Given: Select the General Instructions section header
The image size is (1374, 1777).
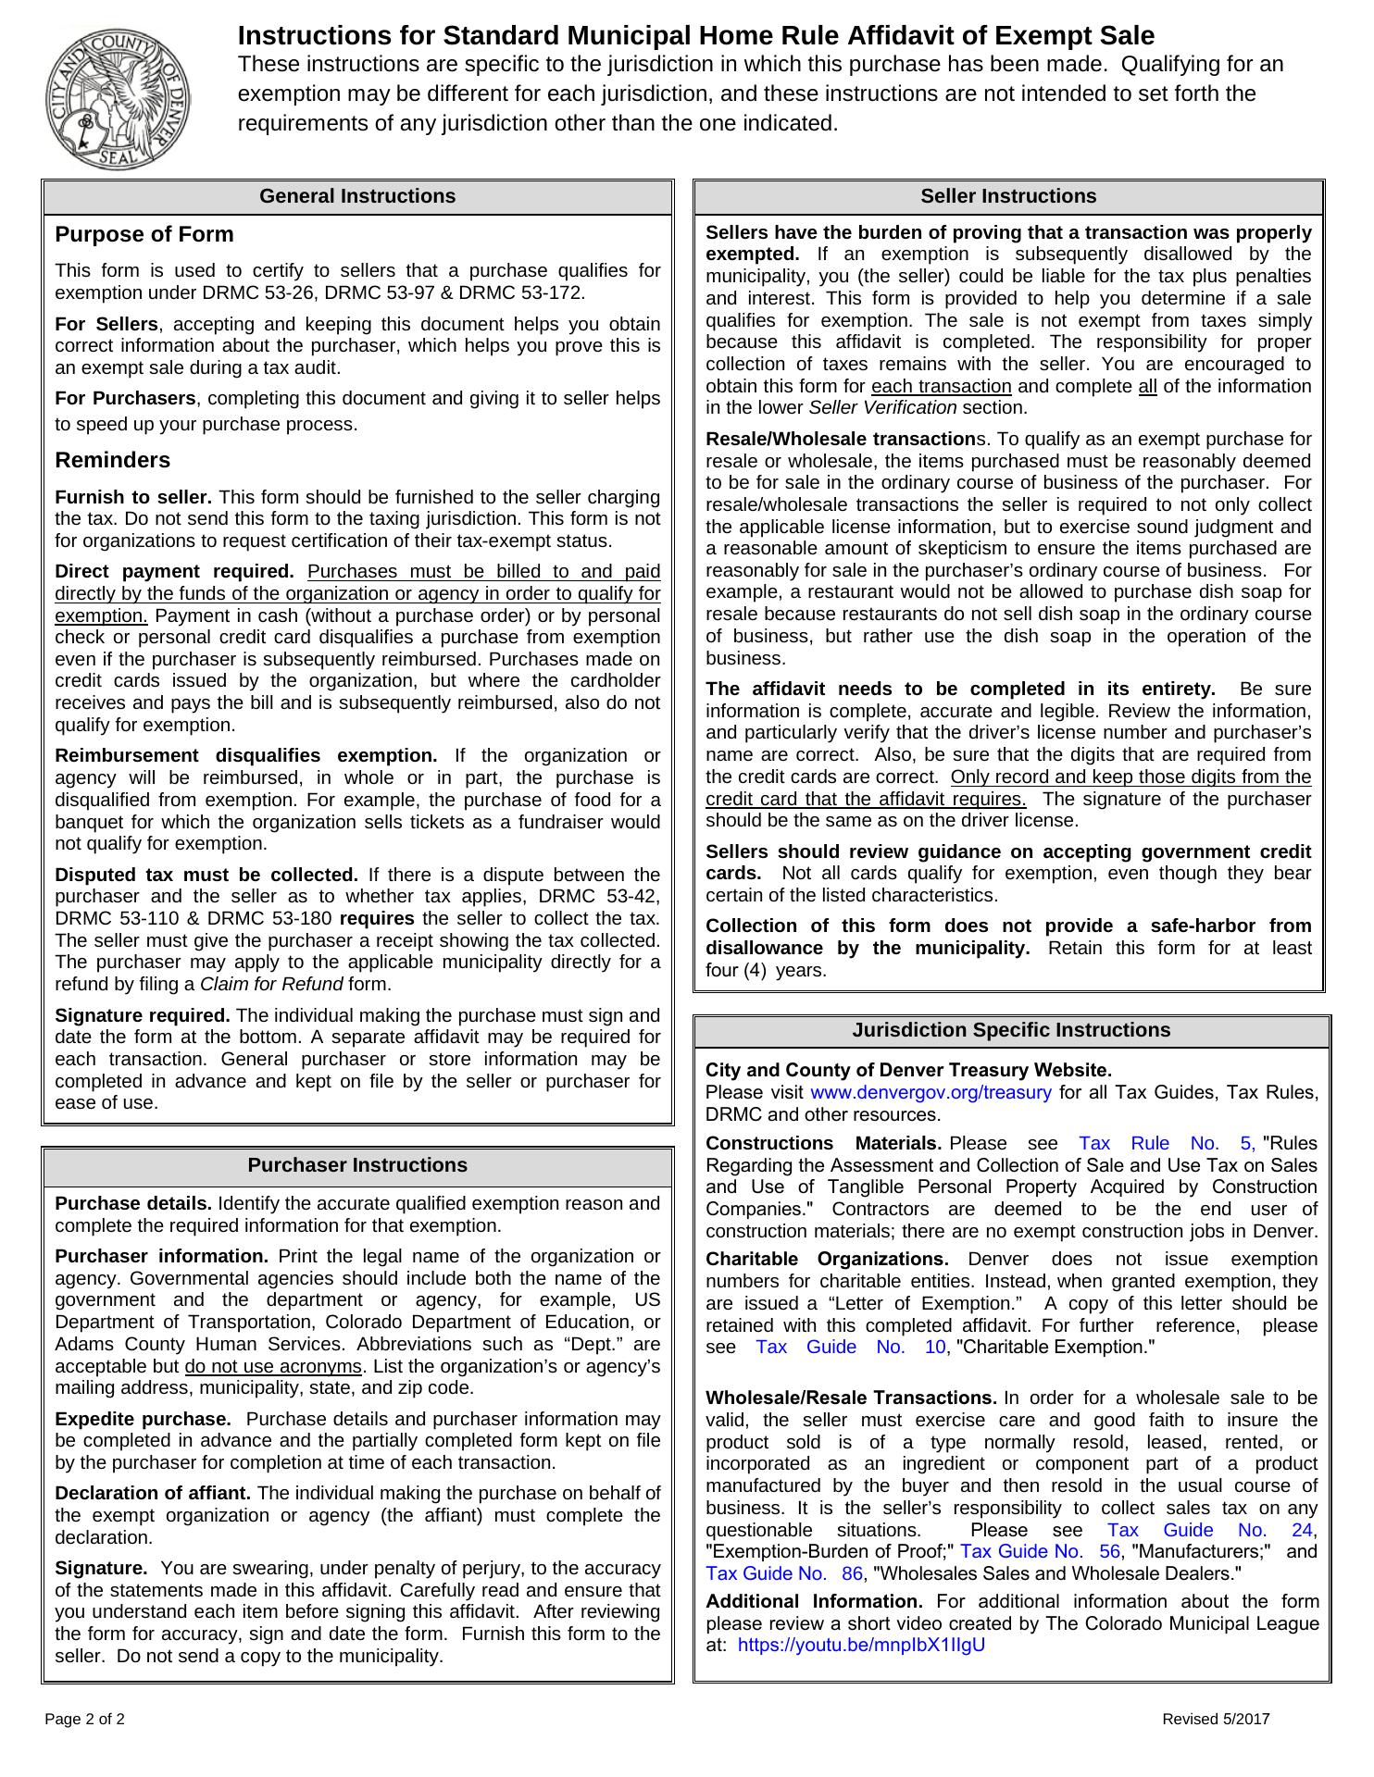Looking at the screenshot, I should click(x=357, y=197).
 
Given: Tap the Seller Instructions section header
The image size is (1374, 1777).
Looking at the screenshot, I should click(x=1008, y=197).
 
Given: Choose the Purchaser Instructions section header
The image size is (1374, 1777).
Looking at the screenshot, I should click(x=357, y=1165).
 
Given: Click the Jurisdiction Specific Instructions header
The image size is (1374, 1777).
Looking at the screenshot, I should click(x=1011, y=1031).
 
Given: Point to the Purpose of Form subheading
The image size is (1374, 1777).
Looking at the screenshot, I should click(x=144, y=235).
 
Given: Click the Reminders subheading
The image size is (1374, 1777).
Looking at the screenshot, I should click(x=113, y=461).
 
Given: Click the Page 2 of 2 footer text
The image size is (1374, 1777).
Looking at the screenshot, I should click(x=85, y=1720).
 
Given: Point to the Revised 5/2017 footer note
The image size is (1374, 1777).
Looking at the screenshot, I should click(x=1216, y=1720).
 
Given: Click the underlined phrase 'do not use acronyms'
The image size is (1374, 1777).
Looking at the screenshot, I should click(x=273, y=1367).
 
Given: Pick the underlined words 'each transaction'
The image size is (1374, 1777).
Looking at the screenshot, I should click(x=942, y=387).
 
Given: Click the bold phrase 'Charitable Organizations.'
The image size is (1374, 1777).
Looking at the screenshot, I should click(x=827, y=1260).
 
